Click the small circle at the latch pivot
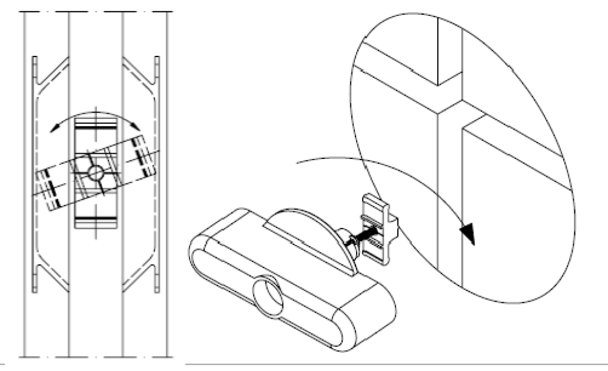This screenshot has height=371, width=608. [95, 173]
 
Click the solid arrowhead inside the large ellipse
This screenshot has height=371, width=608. [469, 233]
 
